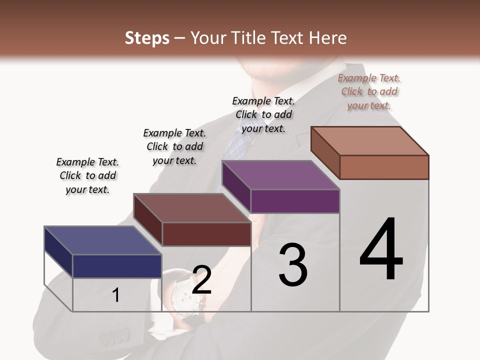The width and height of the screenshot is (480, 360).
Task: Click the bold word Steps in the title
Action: tap(147, 38)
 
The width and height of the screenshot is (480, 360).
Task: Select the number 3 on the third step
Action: tap(293, 265)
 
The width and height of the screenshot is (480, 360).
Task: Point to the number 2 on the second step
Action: tap(201, 280)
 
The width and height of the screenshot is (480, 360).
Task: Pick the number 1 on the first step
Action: tap(116, 295)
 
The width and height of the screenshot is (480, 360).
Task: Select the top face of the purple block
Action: tap(280, 175)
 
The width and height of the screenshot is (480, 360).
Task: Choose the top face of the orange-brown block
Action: tap(369, 141)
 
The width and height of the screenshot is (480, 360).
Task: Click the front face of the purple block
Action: tap(295, 201)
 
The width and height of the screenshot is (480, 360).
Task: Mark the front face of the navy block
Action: tap(117, 266)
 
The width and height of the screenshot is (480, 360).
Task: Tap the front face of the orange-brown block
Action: tap(384, 167)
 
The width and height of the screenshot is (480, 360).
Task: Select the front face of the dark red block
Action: tap(206, 234)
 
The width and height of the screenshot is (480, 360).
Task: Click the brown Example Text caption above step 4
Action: tap(369, 91)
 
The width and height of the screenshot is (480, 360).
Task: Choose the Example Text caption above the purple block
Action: tap(263, 114)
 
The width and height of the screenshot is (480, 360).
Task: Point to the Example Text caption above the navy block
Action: tap(87, 175)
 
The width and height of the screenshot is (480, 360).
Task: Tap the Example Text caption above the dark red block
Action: tap(174, 146)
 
